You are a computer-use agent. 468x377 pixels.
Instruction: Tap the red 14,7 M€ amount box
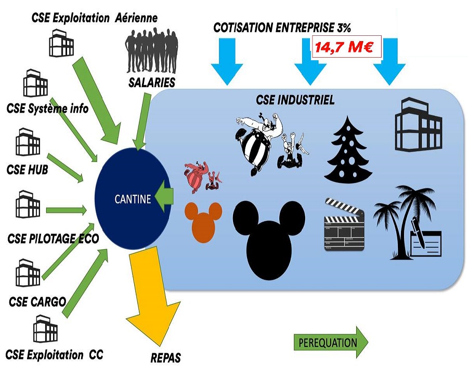[347, 47]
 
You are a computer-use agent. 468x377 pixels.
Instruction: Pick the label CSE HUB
[28, 169]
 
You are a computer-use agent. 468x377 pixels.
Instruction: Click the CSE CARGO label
[37, 302]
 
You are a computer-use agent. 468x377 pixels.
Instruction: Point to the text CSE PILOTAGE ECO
[54, 238]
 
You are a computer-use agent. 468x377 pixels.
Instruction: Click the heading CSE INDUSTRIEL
[295, 100]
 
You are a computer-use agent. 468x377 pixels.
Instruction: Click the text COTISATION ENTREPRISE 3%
[285, 28]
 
